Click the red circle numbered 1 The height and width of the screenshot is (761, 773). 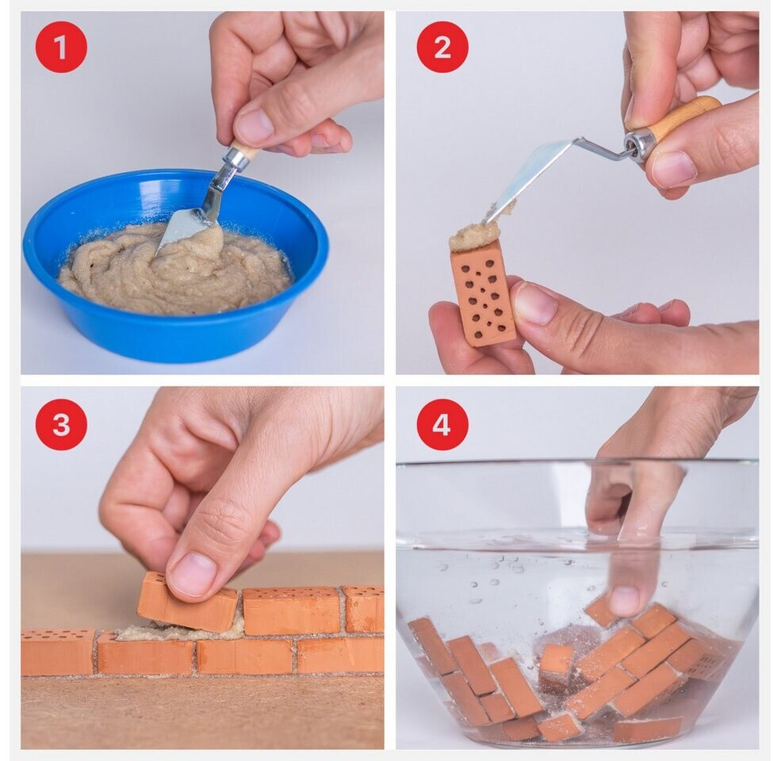tap(61, 47)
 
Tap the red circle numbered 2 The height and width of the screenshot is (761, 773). tap(442, 47)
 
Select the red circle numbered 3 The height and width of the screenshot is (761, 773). tap(61, 424)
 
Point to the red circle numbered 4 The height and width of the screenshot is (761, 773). tap(442, 424)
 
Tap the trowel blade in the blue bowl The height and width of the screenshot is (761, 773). tap(185, 229)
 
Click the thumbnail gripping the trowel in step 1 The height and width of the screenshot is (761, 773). tap(254, 126)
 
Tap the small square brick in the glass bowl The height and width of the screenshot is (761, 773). tap(556, 663)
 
